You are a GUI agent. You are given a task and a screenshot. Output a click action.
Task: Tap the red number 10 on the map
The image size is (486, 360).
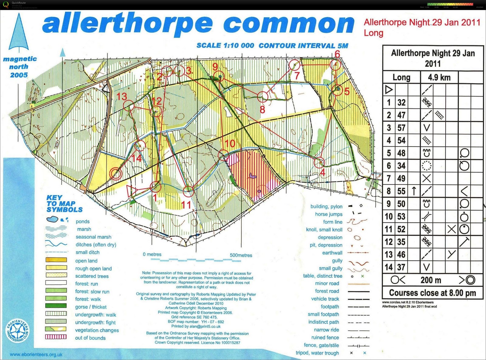tap(230, 143)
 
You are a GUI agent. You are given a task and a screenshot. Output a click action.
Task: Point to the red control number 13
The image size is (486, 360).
tap(122, 97)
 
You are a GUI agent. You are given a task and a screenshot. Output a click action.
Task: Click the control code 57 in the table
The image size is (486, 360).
tap(401, 128)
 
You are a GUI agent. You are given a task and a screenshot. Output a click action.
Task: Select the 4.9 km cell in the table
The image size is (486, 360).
tap(439, 77)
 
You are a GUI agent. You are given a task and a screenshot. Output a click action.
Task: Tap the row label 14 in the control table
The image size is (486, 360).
tap(388, 267)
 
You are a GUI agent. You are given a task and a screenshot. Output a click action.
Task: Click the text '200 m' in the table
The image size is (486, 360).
tap(431, 280)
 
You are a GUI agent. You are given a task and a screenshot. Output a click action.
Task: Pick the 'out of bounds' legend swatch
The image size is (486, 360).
tap(56, 337)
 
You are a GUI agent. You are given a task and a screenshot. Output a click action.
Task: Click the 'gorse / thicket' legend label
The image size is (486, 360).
tap(91, 307)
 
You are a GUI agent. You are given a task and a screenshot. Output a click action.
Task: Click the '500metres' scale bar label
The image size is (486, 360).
tap(241, 255)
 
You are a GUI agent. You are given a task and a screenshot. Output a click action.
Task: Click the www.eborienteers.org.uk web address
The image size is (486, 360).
tap(36, 355)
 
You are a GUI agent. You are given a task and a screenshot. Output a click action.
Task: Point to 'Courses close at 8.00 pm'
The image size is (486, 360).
tap(432, 293)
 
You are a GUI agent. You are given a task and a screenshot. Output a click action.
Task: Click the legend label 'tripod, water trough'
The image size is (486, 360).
tap(317, 353)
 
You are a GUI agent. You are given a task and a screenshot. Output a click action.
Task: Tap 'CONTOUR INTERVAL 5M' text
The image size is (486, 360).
tap(303, 46)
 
